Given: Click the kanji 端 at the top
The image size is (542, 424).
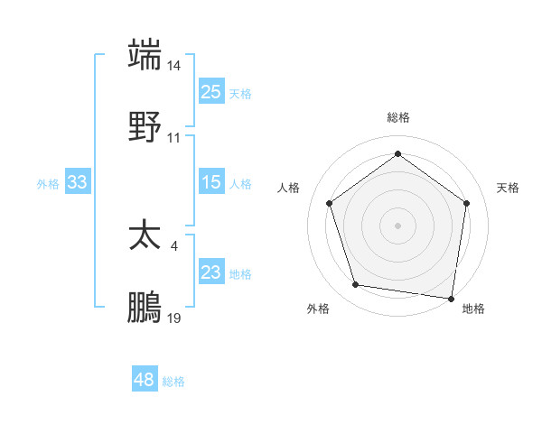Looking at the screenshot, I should (x=145, y=55).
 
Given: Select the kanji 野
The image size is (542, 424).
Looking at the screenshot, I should (x=145, y=126).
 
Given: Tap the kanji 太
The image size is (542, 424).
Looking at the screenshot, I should (x=145, y=236).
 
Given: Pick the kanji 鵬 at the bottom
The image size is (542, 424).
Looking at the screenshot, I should (x=145, y=308).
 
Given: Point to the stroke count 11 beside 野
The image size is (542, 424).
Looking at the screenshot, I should (x=174, y=137).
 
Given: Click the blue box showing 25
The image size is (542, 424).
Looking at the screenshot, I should (x=211, y=92).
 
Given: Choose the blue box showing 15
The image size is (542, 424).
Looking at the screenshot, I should (x=211, y=182).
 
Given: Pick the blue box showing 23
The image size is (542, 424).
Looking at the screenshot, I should (x=211, y=272).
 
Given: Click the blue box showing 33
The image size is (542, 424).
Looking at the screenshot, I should (x=78, y=182).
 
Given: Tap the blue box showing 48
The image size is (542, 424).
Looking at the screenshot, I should (x=145, y=380).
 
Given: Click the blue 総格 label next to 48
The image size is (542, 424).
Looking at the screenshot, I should (x=173, y=382).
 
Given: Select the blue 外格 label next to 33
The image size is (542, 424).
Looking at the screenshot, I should (x=48, y=184).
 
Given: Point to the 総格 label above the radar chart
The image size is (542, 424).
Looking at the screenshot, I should (x=398, y=117).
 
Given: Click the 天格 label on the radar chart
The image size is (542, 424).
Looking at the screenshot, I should (x=508, y=188).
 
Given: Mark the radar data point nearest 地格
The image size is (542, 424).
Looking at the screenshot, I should (x=451, y=298).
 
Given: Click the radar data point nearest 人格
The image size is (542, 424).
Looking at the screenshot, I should (x=329, y=203).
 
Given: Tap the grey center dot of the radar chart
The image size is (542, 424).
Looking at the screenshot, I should (x=397, y=225).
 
